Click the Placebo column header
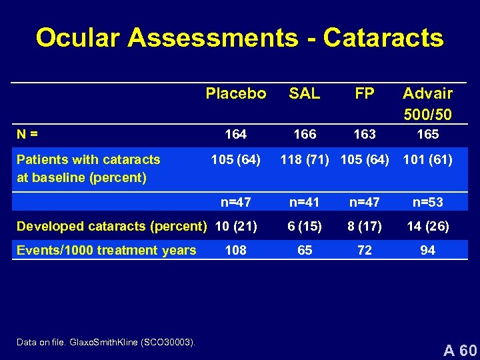click(236, 93)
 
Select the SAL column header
click(305, 93)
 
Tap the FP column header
click(365, 93)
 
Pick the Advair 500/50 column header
click(427, 103)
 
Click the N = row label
click(27, 134)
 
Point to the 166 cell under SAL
click(305, 134)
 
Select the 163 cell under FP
click(365, 134)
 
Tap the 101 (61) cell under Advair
click(428, 159)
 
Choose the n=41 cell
click(305, 202)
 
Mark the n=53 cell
click(428, 202)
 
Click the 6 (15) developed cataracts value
click(305, 226)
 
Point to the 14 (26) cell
click(428, 226)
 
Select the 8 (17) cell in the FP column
click(365, 226)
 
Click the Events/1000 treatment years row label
click(107, 250)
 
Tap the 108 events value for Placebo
click(236, 250)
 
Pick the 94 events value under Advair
click(428, 250)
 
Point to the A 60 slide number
click(461, 349)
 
